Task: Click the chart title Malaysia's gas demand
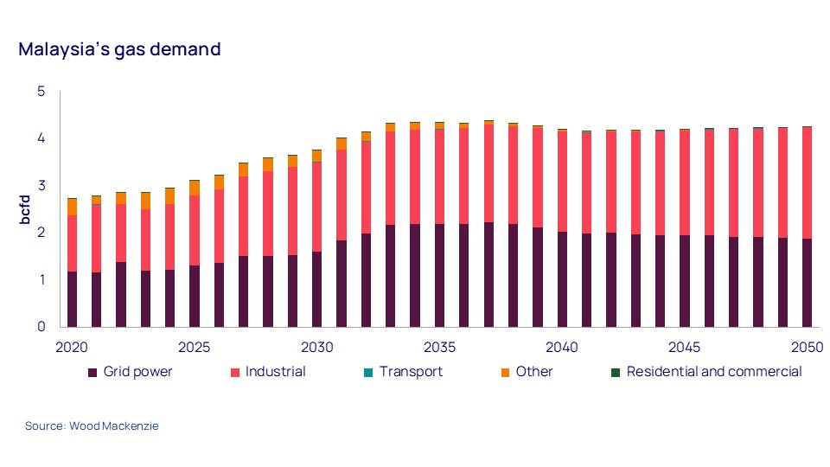(x=119, y=49)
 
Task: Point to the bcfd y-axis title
(x=26, y=209)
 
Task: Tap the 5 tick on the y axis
(x=41, y=92)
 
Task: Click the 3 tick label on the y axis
(x=41, y=186)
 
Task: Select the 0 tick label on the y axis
(x=41, y=327)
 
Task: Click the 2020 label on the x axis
(x=72, y=347)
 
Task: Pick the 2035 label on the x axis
(x=439, y=347)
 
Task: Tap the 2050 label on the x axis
(x=806, y=347)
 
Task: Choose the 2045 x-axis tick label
(x=684, y=347)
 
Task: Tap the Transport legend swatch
(x=367, y=373)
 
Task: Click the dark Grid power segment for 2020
(x=73, y=299)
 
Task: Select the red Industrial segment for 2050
(x=807, y=182)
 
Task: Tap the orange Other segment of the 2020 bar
(x=73, y=207)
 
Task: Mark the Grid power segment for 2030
(x=316, y=289)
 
